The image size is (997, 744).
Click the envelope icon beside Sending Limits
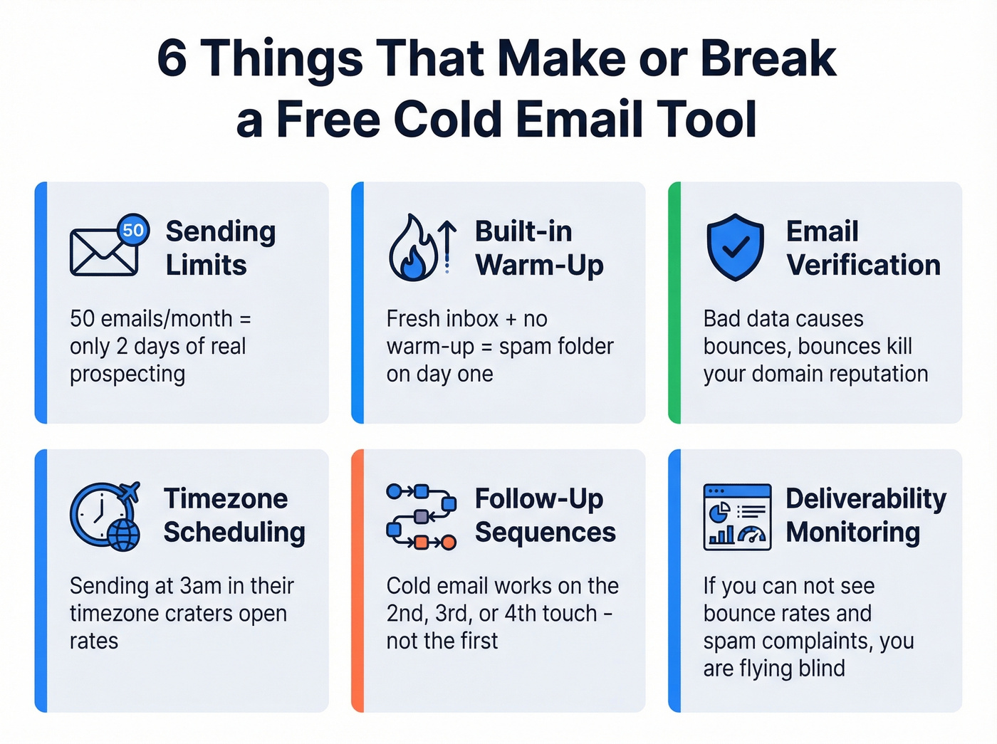(104, 252)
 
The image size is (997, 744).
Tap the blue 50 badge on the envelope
(133, 230)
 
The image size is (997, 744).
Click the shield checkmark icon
(735, 247)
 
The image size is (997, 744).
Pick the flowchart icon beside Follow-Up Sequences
(421, 516)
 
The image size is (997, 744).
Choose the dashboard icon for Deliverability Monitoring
(737, 516)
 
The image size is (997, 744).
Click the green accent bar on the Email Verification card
(674, 303)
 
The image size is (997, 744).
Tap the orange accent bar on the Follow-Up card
(357, 580)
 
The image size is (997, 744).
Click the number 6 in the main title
(172, 58)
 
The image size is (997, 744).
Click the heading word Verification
(863, 265)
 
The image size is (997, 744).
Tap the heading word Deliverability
(866, 498)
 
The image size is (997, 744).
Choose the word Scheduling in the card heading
(234, 532)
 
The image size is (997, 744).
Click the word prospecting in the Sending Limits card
(127, 374)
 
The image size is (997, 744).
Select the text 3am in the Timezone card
(201, 586)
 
